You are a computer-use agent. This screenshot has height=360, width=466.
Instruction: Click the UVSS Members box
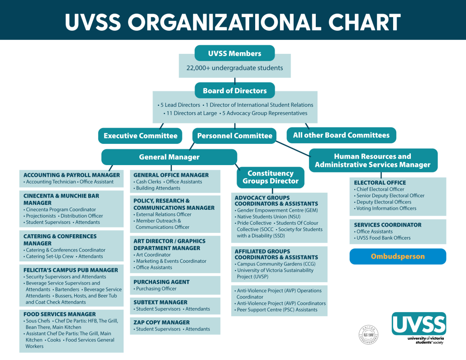(x=234, y=53)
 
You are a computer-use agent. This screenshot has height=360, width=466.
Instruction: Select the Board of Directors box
(x=234, y=90)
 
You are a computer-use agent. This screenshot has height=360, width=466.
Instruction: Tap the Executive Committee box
(x=140, y=136)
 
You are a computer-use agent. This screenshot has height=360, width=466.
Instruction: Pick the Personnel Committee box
(x=234, y=136)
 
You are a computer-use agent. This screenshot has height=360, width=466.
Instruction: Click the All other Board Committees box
(x=341, y=135)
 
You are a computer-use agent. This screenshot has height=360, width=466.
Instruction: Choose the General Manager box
(x=169, y=157)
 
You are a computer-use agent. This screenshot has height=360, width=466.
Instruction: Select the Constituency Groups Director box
(x=271, y=177)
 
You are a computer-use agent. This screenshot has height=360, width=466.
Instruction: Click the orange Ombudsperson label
(x=398, y=256)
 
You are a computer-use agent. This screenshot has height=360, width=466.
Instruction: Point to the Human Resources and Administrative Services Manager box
(x=373, y=161)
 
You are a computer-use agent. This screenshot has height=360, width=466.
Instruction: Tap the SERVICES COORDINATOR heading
(x=387, y=225)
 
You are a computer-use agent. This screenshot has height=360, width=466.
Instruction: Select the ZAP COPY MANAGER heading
(x=162, y=322)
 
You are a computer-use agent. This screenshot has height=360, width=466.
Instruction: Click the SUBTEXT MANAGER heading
(x=161, y=302)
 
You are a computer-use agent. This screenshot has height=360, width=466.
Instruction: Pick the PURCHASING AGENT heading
(x=161, y=282)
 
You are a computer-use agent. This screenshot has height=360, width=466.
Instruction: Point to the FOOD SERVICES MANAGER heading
(x=59, y=314)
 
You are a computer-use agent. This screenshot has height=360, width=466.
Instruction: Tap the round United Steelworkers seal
(x=368, y=334)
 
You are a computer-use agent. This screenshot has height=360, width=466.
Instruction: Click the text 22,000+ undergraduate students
(x=234, y=68)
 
